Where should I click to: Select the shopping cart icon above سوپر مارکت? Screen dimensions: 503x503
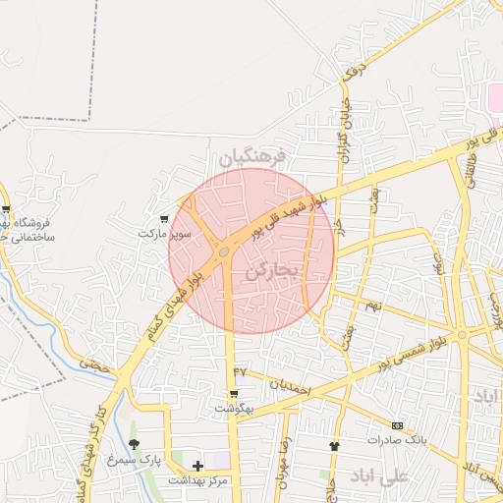[164, 219]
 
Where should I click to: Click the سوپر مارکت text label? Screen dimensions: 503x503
[162, 235]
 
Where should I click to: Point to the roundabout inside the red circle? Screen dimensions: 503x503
[225, 252]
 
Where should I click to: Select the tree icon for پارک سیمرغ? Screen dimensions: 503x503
[134, 444]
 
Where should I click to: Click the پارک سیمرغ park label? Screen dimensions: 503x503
[134, 459]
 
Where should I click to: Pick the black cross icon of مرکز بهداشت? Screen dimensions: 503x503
[197, 465]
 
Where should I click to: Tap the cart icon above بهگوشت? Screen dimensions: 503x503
[234, 393]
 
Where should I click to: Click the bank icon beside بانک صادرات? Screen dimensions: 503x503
[397, 424]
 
